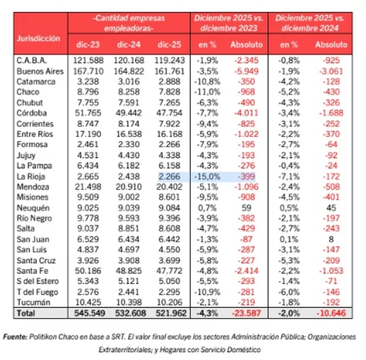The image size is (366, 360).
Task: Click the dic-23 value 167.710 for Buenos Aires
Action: tap(88, 71)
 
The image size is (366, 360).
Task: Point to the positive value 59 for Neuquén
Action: tap(246, 208)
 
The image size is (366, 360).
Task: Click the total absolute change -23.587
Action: tap(246, 313)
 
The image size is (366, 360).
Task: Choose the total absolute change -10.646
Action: tap(330, 313)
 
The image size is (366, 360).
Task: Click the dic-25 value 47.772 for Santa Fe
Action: tap(171, 271)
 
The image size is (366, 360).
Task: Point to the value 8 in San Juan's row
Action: tap(331, 240)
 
